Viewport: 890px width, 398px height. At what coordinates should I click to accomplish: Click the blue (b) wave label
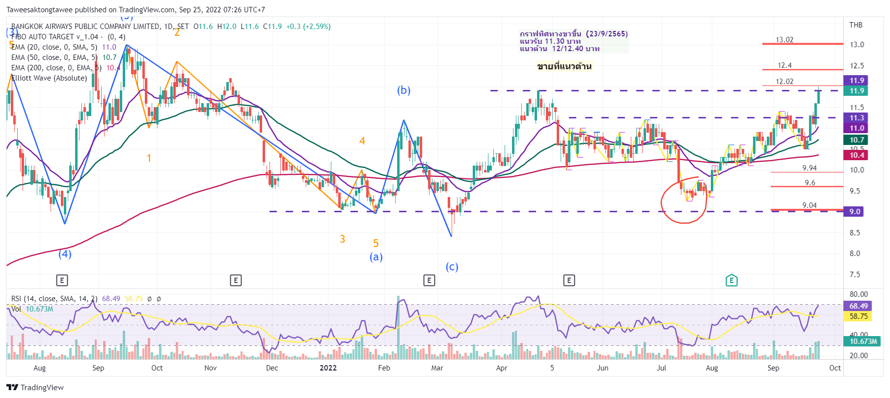coord(404,90)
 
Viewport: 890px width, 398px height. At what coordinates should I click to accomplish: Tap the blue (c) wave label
coord(452,267)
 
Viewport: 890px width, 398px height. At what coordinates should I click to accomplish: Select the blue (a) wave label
coord(376,257)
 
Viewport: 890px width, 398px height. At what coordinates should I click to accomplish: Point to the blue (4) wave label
coord(65,254)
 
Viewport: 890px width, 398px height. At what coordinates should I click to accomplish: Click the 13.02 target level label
coord(784,40)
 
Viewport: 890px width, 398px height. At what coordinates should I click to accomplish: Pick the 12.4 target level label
coord(784,65)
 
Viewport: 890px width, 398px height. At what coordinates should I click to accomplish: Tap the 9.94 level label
coord(809,168)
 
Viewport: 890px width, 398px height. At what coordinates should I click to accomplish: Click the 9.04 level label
coord(809,205)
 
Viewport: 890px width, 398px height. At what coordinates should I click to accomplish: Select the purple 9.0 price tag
coord(855,212)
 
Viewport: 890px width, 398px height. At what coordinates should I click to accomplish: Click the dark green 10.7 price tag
coord(857,140)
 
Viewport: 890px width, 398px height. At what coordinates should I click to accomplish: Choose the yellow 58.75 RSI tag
coord(858,316)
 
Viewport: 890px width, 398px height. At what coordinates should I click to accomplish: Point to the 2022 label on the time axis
coord(328,368)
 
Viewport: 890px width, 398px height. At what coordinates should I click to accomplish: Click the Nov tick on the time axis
coord(210,368)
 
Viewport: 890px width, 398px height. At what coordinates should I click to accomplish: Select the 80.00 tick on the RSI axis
coord(859,294)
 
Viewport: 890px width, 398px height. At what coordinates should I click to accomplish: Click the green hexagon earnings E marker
coord(731,281)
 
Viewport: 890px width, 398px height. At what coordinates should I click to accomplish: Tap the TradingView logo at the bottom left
coord(35,387)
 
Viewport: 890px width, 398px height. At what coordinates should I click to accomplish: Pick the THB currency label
coord(856,25)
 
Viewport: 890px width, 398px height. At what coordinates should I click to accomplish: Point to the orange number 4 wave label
coord(362,141)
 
